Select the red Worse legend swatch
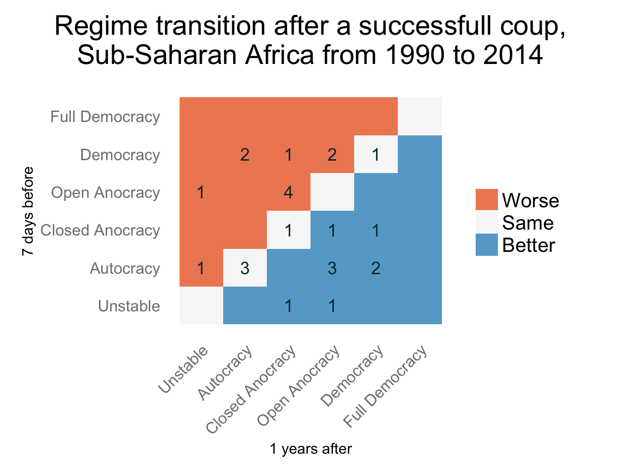pyautogui.click(x=486, y=200)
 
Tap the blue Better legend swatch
pyautogui.click(x=486, y=245)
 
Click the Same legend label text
pyautogui.click(x=527, y=223)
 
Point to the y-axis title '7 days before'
pyautogui.click(x=28, y=212)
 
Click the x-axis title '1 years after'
pyautogui.click(x=310, y=449)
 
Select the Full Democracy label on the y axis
pyautogui.click(x=105, y=117)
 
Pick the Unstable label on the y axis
pyautogui.click(x=129, y=306)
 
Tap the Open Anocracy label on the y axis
pyautogui.click(x=106, y=193)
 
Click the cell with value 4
pyautogui.click(x=289, y=192)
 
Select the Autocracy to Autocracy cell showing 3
pyautogui.click(x=245, y=268)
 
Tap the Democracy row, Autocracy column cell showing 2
pyautogui.click(x=245, y=155)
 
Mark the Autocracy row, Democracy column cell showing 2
pyautogui.click(x=376, y=268)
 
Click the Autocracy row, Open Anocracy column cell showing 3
pyautogui.click(x=332, y=268)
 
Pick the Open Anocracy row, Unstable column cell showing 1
pyautogui.click(x=201, y=192)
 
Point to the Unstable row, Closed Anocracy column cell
pyautogui.click(x=289, y=306)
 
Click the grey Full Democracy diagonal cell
pyautogui.click(x=420, y=117)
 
